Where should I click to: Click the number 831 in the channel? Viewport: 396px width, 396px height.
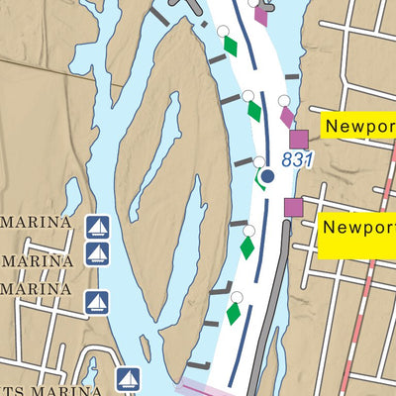[297, 159]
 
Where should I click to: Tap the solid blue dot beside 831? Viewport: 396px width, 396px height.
[267, 177]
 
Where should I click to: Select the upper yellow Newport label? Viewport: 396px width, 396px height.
[357, 128]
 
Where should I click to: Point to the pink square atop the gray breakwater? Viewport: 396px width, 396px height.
[293, 206]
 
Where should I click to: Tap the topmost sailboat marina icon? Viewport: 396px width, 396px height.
[97, 227]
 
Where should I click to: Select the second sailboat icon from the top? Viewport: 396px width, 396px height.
[97, 254]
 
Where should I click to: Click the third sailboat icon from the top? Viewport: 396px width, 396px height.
[97, 301]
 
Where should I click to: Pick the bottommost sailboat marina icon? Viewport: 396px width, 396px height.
[127, 377]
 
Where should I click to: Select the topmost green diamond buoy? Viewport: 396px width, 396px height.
[231, 46]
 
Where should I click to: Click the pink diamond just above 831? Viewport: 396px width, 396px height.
[287, 117]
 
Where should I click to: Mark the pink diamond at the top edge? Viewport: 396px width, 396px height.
[261, 13]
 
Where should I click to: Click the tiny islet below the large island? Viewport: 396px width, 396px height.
[146, 347]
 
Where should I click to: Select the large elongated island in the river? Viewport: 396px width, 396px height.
[168, 178]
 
